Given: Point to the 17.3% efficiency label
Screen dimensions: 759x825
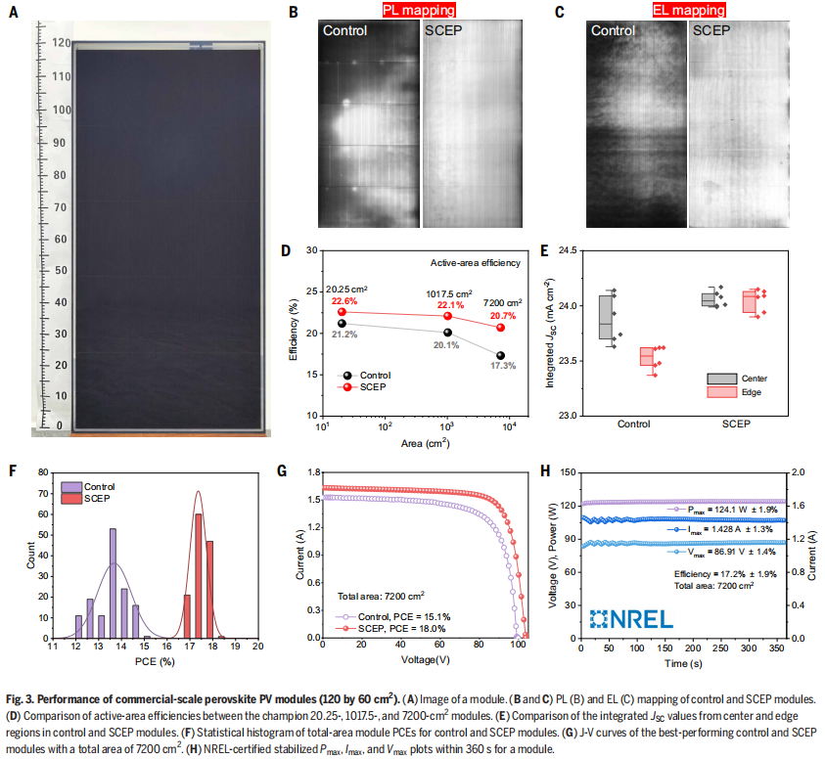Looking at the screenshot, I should coord(505,365).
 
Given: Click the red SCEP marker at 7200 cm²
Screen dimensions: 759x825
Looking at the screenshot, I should coord(500,327).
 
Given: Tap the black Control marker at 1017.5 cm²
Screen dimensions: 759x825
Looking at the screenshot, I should coord(447,333).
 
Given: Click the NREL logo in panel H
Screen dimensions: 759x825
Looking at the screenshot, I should coord(632,618).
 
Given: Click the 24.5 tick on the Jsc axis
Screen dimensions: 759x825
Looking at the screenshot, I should coord(565,250).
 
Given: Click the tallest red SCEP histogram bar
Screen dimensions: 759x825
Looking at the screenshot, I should coord(198,575).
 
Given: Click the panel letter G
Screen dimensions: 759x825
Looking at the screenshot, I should coord(283,471).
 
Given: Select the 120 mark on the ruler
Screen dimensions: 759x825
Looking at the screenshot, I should coord(61,43).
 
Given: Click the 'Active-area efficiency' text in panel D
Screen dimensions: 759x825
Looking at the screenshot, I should coord(477,263).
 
